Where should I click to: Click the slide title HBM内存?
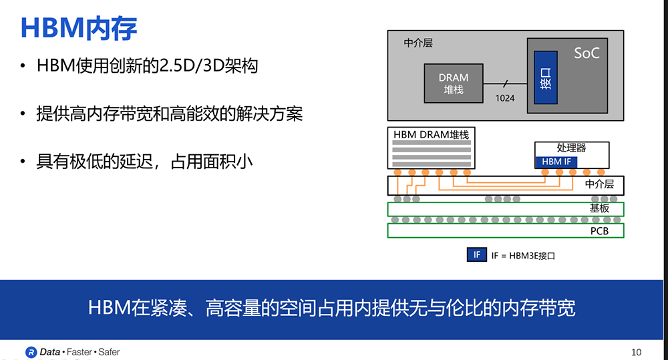click(79, 29)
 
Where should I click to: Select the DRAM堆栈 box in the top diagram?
click(454, 83)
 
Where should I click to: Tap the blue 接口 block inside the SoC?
click(546, 77)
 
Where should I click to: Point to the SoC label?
click(587, 53)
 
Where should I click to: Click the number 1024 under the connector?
click(505, 98)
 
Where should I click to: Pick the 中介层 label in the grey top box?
click(418, 43)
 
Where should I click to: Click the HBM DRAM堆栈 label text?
click(431, 135)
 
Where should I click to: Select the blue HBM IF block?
click(556, 162)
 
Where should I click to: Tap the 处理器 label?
click(571, 148)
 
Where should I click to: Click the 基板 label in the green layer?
click(599, 208)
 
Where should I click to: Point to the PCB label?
click(599, 231)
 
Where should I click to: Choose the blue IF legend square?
click(477, 254)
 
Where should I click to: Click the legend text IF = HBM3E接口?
click(523, 256)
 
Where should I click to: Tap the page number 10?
click(636, 353)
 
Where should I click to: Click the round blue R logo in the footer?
click(31, 353)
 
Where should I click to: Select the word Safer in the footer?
click(109, 352)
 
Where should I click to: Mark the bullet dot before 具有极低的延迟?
click(23, 162)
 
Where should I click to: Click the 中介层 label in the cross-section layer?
click(599, 184)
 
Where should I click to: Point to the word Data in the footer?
click(50, 352)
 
